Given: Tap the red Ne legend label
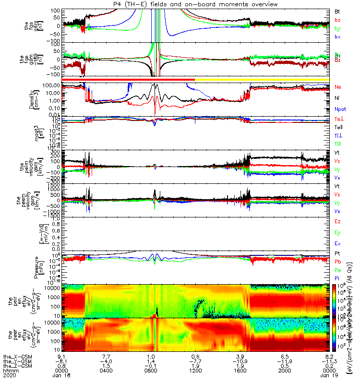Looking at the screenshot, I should coord(338,87).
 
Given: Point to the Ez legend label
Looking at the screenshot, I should coord(338,221).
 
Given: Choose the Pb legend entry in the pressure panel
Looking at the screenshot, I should coord(338,261).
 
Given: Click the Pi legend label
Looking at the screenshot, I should coord(337,279).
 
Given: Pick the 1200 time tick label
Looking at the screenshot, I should coord(195,370).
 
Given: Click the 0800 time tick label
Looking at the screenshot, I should coord(151,370).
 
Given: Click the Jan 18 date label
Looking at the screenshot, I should coord(62,375).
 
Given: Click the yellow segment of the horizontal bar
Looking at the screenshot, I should coord(262,79).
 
